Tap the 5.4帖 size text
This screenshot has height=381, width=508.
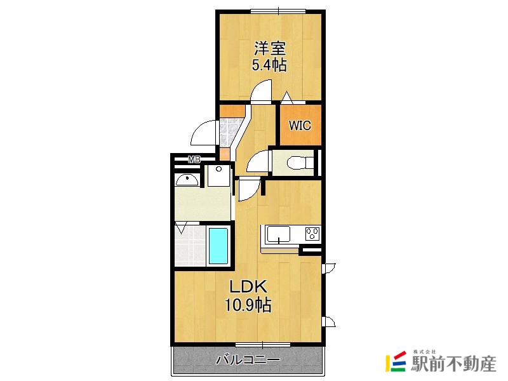[270, 65]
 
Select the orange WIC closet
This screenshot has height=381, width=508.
[300, 124]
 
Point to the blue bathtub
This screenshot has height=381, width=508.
[218, 246]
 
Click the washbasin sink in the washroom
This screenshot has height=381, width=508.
[188, 180]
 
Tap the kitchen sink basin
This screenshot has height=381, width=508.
[277, 234]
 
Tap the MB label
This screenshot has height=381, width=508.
[194, 159]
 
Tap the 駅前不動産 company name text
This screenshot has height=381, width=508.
[454, 364]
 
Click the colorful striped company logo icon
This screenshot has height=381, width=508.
[396, 361]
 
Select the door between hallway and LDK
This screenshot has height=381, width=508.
[248, 190]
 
